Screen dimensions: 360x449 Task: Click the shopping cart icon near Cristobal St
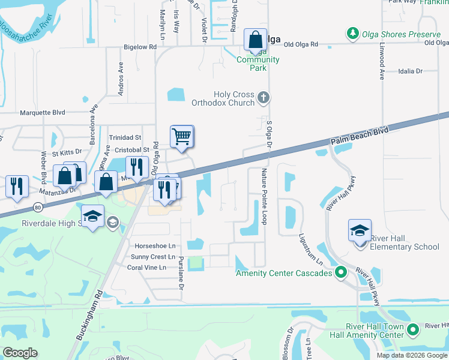point(181,136)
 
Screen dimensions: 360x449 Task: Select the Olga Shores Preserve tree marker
point(352,34)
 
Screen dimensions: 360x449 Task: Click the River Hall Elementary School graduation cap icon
point(360,230)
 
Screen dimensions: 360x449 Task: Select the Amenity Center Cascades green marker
point(341,274)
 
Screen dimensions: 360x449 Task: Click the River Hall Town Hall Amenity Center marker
point(412,329)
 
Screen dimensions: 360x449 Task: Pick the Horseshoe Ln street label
point(155,246)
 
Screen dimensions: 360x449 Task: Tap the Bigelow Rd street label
point(140,46)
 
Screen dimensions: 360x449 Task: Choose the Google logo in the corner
point(20,353)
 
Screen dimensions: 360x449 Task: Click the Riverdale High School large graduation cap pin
point(93,217)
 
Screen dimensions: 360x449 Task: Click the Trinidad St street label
point(124,137)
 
